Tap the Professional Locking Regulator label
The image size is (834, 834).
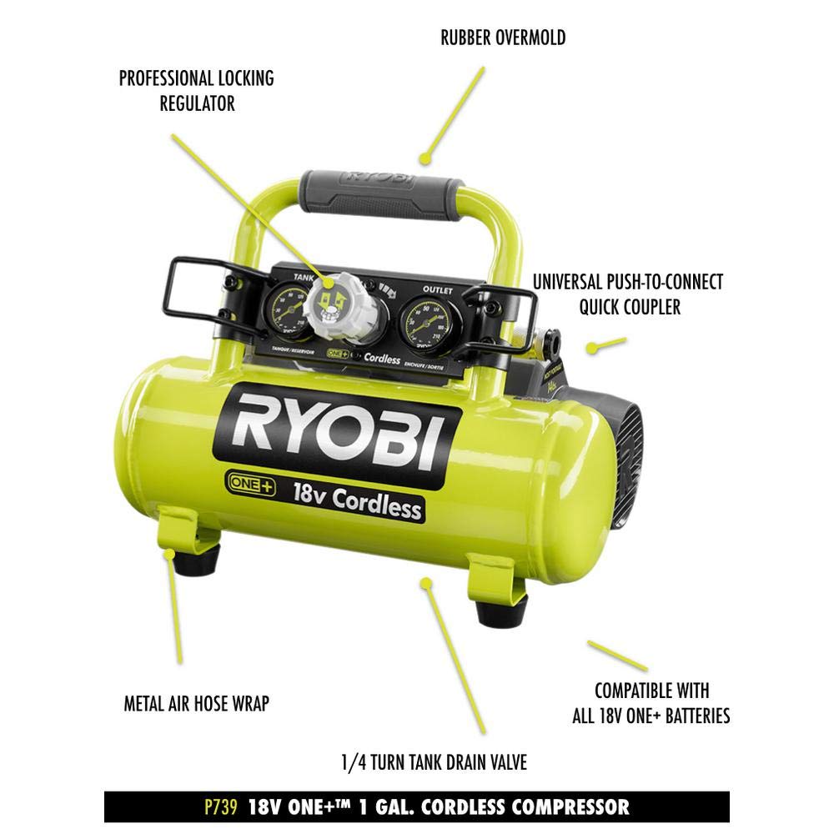coord(196,91)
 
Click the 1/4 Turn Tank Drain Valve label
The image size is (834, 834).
coord(434,762)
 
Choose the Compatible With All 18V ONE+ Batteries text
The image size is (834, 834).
coord(651,703)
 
